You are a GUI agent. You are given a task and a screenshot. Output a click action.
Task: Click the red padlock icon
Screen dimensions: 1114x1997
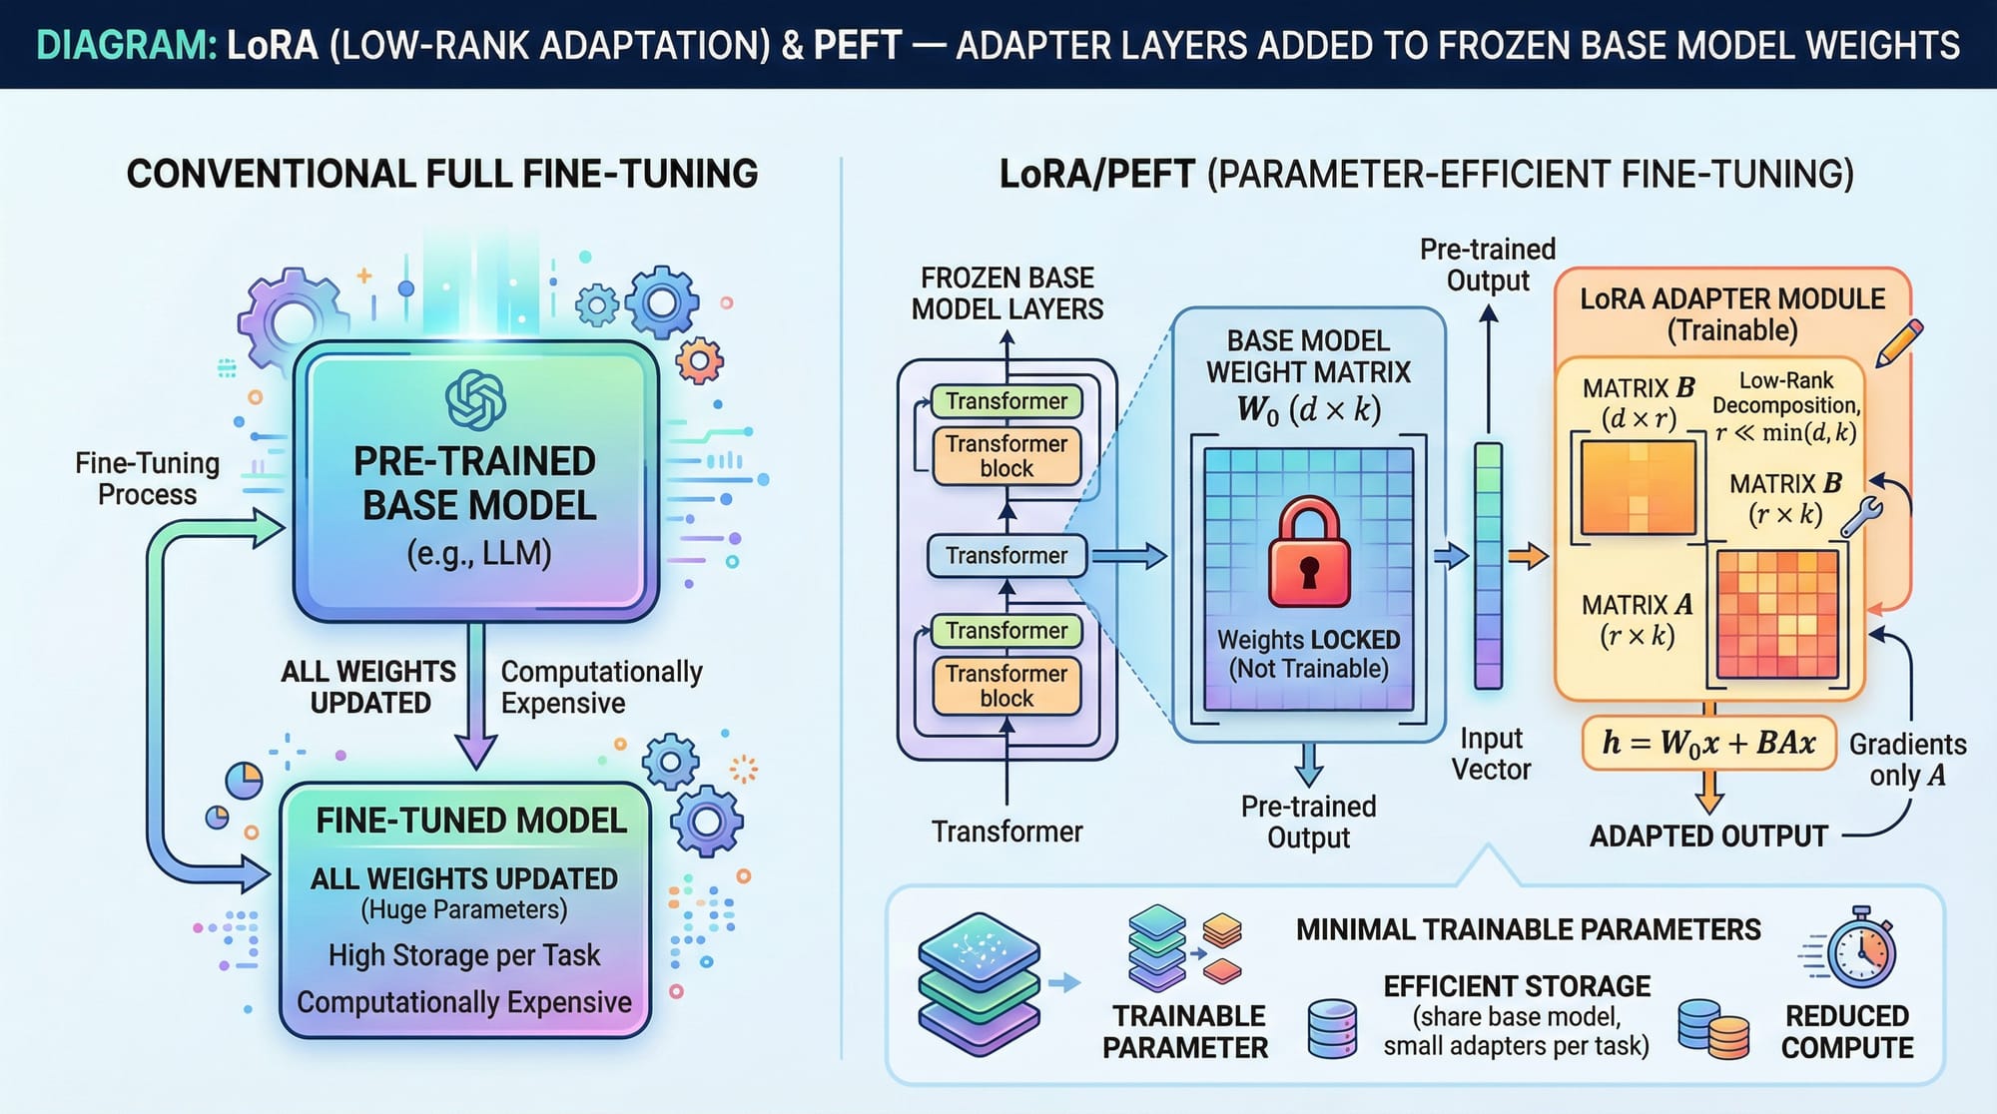click(1309, 555)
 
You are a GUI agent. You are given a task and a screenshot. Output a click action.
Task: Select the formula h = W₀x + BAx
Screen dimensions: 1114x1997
click(1708, 743)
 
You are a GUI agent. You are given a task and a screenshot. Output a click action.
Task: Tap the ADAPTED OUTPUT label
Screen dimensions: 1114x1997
click(1708, 835)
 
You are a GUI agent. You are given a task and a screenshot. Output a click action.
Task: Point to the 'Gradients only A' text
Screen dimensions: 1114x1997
click(1907, 760)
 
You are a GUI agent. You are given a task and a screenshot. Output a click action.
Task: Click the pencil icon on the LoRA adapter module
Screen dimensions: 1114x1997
click(1899, 342)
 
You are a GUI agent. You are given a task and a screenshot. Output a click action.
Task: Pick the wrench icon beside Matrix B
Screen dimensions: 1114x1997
click(1861, 517)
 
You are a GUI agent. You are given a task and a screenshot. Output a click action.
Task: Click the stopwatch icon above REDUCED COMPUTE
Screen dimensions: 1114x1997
click(1860, 948)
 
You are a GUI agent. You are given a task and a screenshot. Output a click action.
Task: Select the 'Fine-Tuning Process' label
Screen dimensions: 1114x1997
click(148, 479)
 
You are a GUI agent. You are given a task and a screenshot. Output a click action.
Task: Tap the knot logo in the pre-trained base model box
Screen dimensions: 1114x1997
click(475, 400)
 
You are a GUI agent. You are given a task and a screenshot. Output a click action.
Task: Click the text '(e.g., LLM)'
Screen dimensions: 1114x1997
click(478, 553)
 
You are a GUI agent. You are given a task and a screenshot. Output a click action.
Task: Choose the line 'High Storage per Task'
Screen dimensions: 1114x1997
click(464, 955)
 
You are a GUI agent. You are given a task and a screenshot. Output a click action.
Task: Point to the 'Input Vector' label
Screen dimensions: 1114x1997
click(1491, 754)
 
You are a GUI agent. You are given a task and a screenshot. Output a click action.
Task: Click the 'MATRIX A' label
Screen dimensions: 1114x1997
click(1638, 606)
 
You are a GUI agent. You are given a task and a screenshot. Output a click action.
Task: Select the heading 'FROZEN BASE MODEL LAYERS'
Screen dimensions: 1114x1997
click(1007, 293)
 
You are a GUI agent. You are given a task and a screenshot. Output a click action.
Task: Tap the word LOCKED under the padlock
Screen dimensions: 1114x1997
click(1356, 640)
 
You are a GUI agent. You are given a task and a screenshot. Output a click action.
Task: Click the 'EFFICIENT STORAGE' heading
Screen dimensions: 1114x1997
click(1517, 986)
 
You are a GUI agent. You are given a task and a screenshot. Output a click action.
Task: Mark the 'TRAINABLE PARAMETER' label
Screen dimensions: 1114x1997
click(1185, 1031)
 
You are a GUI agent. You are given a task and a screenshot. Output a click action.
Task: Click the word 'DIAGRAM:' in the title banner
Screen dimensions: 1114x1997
click(126, 46)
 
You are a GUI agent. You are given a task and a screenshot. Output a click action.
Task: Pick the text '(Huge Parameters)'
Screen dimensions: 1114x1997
click(464, 909)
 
